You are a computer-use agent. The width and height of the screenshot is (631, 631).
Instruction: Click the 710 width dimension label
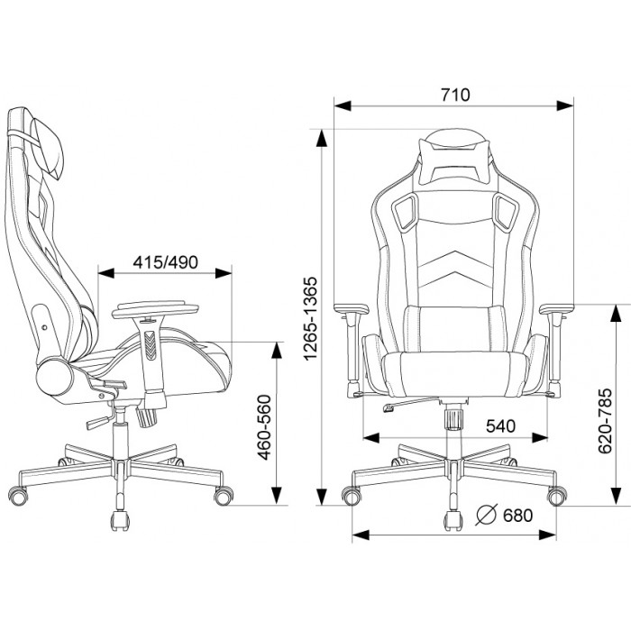[x=455, y=95]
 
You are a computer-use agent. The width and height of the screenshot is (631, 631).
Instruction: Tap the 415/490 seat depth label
[x=165, y=262]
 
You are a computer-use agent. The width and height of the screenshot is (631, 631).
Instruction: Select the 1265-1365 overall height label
[x=311, y=318]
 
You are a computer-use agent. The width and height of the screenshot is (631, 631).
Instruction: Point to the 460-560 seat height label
[x=264, y=427]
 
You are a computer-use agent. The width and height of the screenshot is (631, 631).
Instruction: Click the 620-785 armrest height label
[x=605, y=421]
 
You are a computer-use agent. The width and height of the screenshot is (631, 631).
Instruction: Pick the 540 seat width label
[x=500, y=425]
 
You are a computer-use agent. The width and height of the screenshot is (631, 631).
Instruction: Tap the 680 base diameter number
[x=518, y=515]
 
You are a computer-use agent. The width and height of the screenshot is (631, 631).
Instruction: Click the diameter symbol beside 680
[x=487, y=515]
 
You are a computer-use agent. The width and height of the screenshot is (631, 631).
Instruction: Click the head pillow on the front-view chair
[x=455, y=157]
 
